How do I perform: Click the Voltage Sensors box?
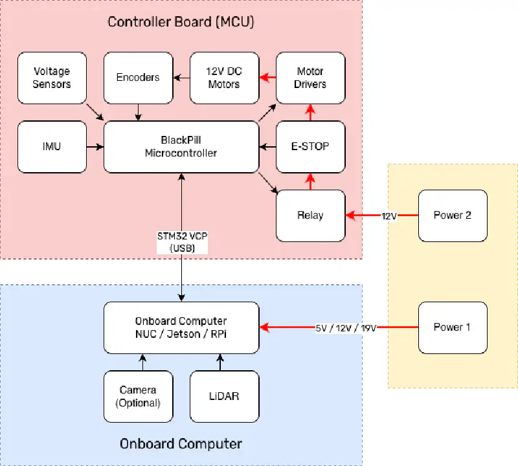point(52,78)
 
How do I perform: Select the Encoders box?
point(138,78)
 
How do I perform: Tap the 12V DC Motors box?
point(224,78)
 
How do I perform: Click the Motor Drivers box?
point(310,78)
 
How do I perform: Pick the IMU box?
point(52,147)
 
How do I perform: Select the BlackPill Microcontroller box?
point(181,147)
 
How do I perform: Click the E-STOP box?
point(310,147)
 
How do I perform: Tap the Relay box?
point(310,216)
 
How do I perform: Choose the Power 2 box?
point(452,216)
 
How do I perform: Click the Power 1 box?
point(452,327)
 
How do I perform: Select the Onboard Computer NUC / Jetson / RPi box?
point(181,327)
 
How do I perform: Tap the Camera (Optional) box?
point(138,396)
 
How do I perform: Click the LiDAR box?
point(224,396)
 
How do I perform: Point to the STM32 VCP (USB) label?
point(181,242)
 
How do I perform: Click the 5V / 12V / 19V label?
point(346,327)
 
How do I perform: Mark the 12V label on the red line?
point(388,216)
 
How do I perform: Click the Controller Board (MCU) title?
point(181,22)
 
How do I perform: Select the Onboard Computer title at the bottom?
point(181,444)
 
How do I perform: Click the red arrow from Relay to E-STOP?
point(310,182)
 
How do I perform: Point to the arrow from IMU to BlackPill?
point(95,147)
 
